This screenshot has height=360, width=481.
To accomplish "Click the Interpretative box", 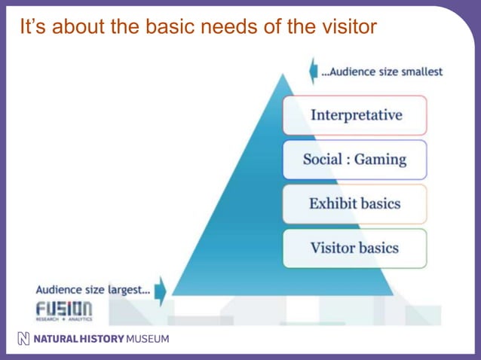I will [354, 115].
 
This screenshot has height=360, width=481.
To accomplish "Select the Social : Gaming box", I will [354, 160].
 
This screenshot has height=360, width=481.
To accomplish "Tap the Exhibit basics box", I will [354, 203].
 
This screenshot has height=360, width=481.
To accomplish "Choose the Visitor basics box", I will [354, 248].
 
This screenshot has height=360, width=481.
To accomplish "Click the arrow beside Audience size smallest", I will [313, 72].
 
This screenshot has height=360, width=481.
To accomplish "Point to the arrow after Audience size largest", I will [160, 289].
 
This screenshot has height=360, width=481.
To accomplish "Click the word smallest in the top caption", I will [419, 72].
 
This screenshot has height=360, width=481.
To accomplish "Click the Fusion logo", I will [63, 310].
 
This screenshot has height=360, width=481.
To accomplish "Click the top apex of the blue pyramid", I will [283, 75].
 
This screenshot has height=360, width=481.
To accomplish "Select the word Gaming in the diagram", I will [380, 160].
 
